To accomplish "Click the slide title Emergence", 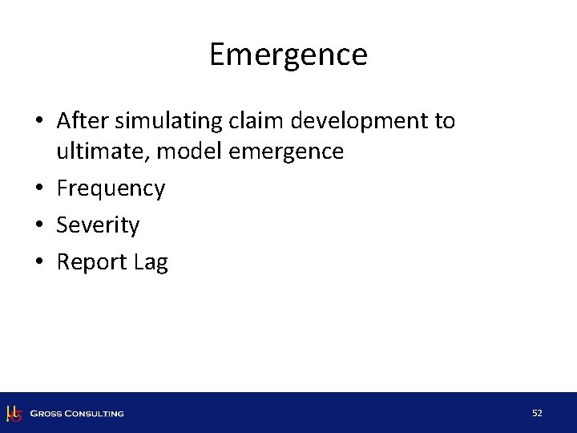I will [288, 55].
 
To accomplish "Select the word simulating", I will [158, 122].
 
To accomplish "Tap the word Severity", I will [98, 226].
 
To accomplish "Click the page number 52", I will [537, 413].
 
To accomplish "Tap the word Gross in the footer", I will [47, 414].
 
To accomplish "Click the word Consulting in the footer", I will [95, 414].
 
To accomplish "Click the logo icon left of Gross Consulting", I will [14, 413].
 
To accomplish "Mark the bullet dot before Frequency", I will [40, 189].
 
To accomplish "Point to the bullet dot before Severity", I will [40, 226].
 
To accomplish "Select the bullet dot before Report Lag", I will [40, 263].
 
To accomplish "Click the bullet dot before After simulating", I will [40, 122].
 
